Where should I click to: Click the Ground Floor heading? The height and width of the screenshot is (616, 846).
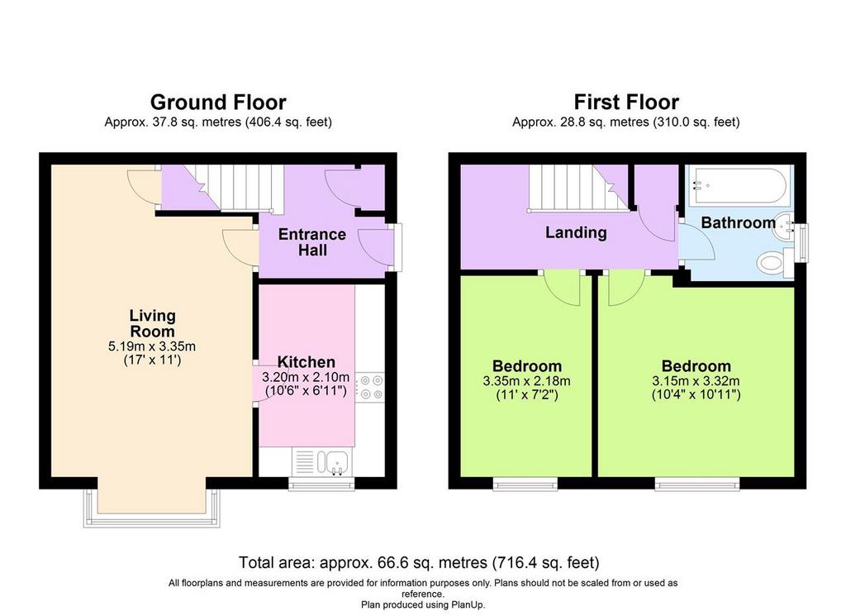tap(218, 102)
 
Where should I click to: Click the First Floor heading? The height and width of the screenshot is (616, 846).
tap(626, 102)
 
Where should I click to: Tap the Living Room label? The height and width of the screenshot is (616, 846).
tap(152, 322)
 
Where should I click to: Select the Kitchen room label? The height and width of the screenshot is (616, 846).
tap(306, 361)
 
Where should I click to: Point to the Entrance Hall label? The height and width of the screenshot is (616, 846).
tap(311, 242)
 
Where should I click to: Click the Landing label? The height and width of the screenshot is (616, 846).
tap(576, 232)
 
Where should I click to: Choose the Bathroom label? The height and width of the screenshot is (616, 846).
tap(738, 222)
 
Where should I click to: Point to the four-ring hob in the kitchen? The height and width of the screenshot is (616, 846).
tap(371, 388)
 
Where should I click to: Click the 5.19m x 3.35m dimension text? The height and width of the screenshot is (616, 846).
tap(152, 346)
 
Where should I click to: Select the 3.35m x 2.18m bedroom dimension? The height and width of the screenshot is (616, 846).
tap(526, 380)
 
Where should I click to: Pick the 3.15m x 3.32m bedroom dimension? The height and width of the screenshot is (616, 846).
tap(696, 380)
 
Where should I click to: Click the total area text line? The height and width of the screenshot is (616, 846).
tap(419, 562)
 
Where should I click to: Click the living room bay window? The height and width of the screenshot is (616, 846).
tap(152, 509)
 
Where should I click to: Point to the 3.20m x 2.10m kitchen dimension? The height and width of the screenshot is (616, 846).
tap(306, 377)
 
